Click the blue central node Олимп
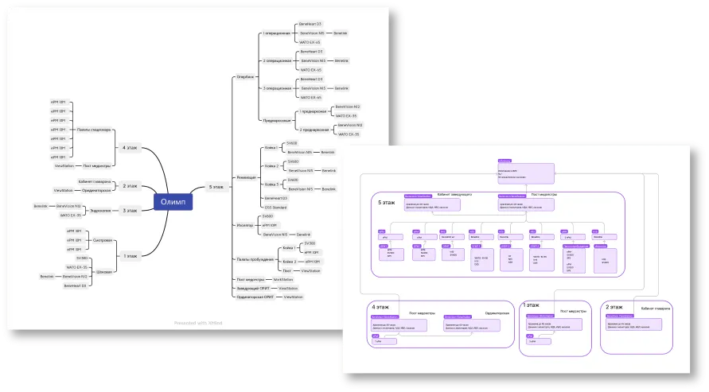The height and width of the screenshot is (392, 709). (x=173, y=202)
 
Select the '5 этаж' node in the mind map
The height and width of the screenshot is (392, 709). (x=215, y=188)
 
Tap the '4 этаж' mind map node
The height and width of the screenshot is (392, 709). (x=130, y=147)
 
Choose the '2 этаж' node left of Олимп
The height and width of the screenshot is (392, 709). (x=131, y=185)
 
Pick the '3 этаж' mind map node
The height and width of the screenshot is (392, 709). (x=131, y=210)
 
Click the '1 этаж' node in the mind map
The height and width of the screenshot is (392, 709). (x=131, y=255)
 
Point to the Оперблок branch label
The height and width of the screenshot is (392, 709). (x=246, y=76)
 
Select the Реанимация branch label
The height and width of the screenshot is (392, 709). (x=247, y=177)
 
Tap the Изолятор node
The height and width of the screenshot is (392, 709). (x=245, y=225)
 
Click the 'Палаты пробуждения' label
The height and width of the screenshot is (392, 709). (x=253, y=258)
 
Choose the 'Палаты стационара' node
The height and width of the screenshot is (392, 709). (x=94, y=130)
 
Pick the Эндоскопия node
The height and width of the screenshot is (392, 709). (x=100, y=210)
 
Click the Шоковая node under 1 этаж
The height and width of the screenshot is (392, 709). (x=103, y=272)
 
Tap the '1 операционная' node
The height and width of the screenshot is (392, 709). (x=276, y=34)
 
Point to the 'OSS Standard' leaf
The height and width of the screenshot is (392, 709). (x=274, y=207)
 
